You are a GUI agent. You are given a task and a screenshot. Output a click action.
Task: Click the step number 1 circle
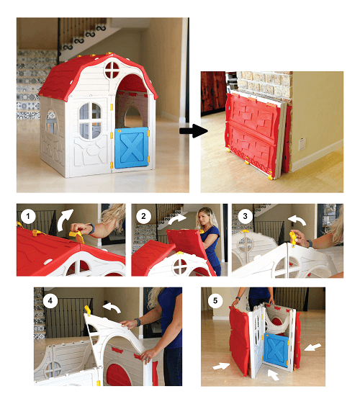[x=28, y=217]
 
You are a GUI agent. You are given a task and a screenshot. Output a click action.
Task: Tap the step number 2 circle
[x=143, y=216]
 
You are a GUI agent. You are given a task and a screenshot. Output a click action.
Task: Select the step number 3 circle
[x=245, y=216]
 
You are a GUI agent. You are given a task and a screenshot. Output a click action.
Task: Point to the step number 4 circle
[x=50, y=300]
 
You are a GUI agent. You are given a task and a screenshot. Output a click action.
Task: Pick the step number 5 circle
[x=215, y=300]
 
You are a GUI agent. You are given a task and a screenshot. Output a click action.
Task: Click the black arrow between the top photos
[x=194, y=130]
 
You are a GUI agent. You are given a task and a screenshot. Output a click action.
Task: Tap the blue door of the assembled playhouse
[x=132, y=148]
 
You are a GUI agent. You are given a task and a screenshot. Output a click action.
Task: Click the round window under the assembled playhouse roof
[x=112, y=70]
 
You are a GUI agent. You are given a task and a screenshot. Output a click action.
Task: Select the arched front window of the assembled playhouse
[x=90, y=121]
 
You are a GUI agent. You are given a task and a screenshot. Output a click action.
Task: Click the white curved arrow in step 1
[x=63, y=219]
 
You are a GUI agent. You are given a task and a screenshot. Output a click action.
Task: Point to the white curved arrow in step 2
[x=176, y=219]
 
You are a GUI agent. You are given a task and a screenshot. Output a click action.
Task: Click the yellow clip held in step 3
[x=292, y=238]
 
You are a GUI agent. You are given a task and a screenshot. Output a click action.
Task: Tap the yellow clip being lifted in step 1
[x=77, y=236]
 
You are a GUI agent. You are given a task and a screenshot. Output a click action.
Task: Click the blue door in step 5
[x=276, y=349]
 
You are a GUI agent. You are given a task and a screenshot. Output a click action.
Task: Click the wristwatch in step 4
[x=138, y=322]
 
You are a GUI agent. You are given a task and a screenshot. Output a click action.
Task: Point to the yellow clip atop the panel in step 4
[x=88, y=310]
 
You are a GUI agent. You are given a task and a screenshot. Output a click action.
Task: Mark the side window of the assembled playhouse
[x=52, y=122]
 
